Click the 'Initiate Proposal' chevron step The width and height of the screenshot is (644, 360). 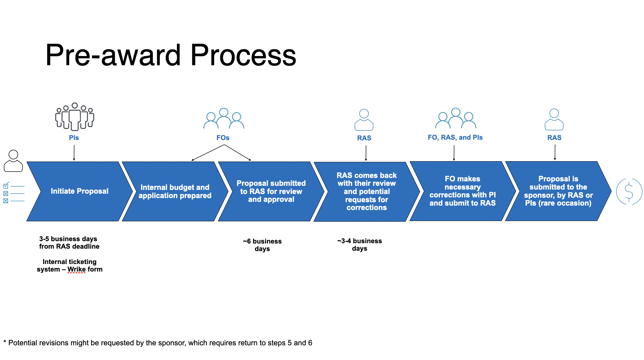point(79,191)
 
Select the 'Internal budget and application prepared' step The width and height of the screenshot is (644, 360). point(175,191)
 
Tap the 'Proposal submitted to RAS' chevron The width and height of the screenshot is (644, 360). point(271,191)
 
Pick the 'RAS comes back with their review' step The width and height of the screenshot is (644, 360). point(366,191)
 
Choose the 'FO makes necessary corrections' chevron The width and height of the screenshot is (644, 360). point(462,191)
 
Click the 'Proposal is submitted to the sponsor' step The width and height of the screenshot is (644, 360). point(558,191)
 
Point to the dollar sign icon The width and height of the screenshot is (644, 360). point(629,191)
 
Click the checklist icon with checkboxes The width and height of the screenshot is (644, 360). point(14,193)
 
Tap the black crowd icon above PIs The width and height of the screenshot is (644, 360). point(74,117)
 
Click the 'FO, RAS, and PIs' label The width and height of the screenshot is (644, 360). point(455,137)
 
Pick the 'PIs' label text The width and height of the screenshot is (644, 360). point(74,138)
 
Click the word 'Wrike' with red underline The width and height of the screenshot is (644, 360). point(76,269)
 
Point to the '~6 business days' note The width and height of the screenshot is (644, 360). point(262,245)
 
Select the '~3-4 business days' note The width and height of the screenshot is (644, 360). point(360,245)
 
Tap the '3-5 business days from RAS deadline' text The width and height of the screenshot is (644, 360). point(69,243)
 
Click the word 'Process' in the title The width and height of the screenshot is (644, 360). point(243,55)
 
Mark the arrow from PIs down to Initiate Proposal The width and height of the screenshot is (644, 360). point(74,153)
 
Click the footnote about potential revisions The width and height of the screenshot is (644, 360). point(158,343)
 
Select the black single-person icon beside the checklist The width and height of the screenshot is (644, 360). point(13,161)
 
